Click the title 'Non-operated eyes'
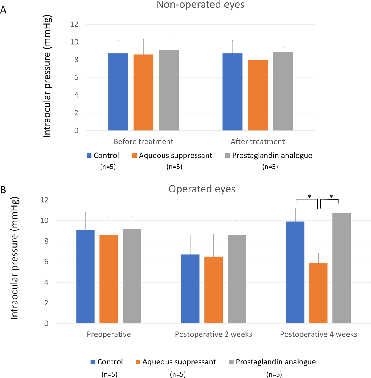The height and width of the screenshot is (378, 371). click(x=201, y=5)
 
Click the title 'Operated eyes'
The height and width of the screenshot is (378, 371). click(x=202, y=189)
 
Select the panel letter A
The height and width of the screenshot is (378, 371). click(x=3, y=10)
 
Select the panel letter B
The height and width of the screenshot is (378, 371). click(x=3, y=190)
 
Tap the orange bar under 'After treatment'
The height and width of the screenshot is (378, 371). click(x=258, y=95)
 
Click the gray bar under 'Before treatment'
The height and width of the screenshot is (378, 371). click(x=169, y=90)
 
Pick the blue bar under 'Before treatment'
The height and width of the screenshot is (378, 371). click(x=118, y=92)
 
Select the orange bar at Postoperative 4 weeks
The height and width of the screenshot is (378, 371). click(x=318, y=293)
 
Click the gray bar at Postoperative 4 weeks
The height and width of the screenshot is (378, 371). click(x=342, y=268)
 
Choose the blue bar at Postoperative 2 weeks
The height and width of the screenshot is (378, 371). click(x=190, y=289)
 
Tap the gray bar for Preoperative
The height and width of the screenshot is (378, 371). click(x=132, y=276)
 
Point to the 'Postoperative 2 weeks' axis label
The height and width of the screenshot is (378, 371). click(x=213, y=334)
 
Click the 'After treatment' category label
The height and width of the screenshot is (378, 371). click(x=258, y=142)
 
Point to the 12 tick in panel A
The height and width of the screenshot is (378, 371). click(x=74, y=24)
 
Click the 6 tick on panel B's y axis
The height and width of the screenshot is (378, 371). click(x=46, y=262)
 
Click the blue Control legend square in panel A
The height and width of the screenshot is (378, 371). click(x=89, y=156)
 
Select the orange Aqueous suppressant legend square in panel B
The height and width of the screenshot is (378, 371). click(x=138, y=362)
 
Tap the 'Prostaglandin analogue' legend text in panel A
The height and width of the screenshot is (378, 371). click(x=272, y=156)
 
